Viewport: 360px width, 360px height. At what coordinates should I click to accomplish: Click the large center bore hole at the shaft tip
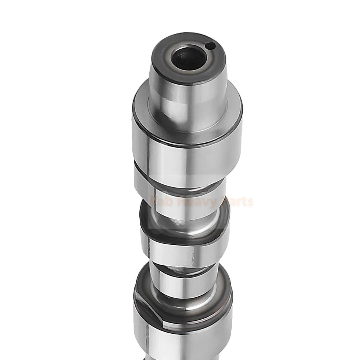(x=188, y=58)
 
